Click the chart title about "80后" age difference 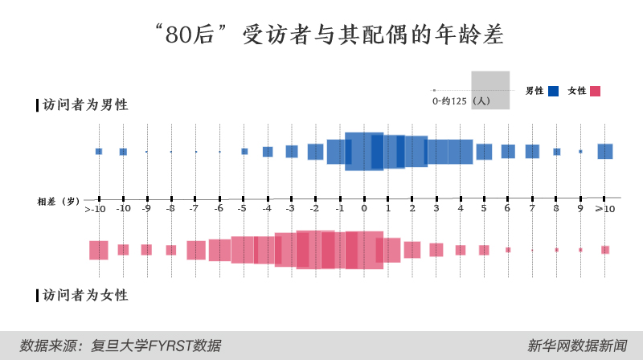[x=321, y=35]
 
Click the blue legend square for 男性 [x=554, y=91]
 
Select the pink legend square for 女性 [x=596, y=91]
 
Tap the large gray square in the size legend [x=490, y=90]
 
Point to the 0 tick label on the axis [x=364, y=209]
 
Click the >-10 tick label [x=96, y=209]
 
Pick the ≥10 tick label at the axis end [x=604, y=209]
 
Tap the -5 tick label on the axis [x=241, y=209]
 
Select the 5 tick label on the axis [x=484, y=209]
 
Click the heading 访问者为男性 [x=84, y=105]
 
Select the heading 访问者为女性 [x=84, y=295]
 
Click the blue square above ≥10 [x=605, y=151]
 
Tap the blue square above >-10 [x=99, y=151]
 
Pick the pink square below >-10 [x=99, y=250]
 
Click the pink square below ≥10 [x=605, y=250]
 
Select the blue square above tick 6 [x=508, y=151]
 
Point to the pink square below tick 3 [x=436, y=250]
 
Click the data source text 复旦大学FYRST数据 [x=121, y=346]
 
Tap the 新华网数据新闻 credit [x=577, y=346]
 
